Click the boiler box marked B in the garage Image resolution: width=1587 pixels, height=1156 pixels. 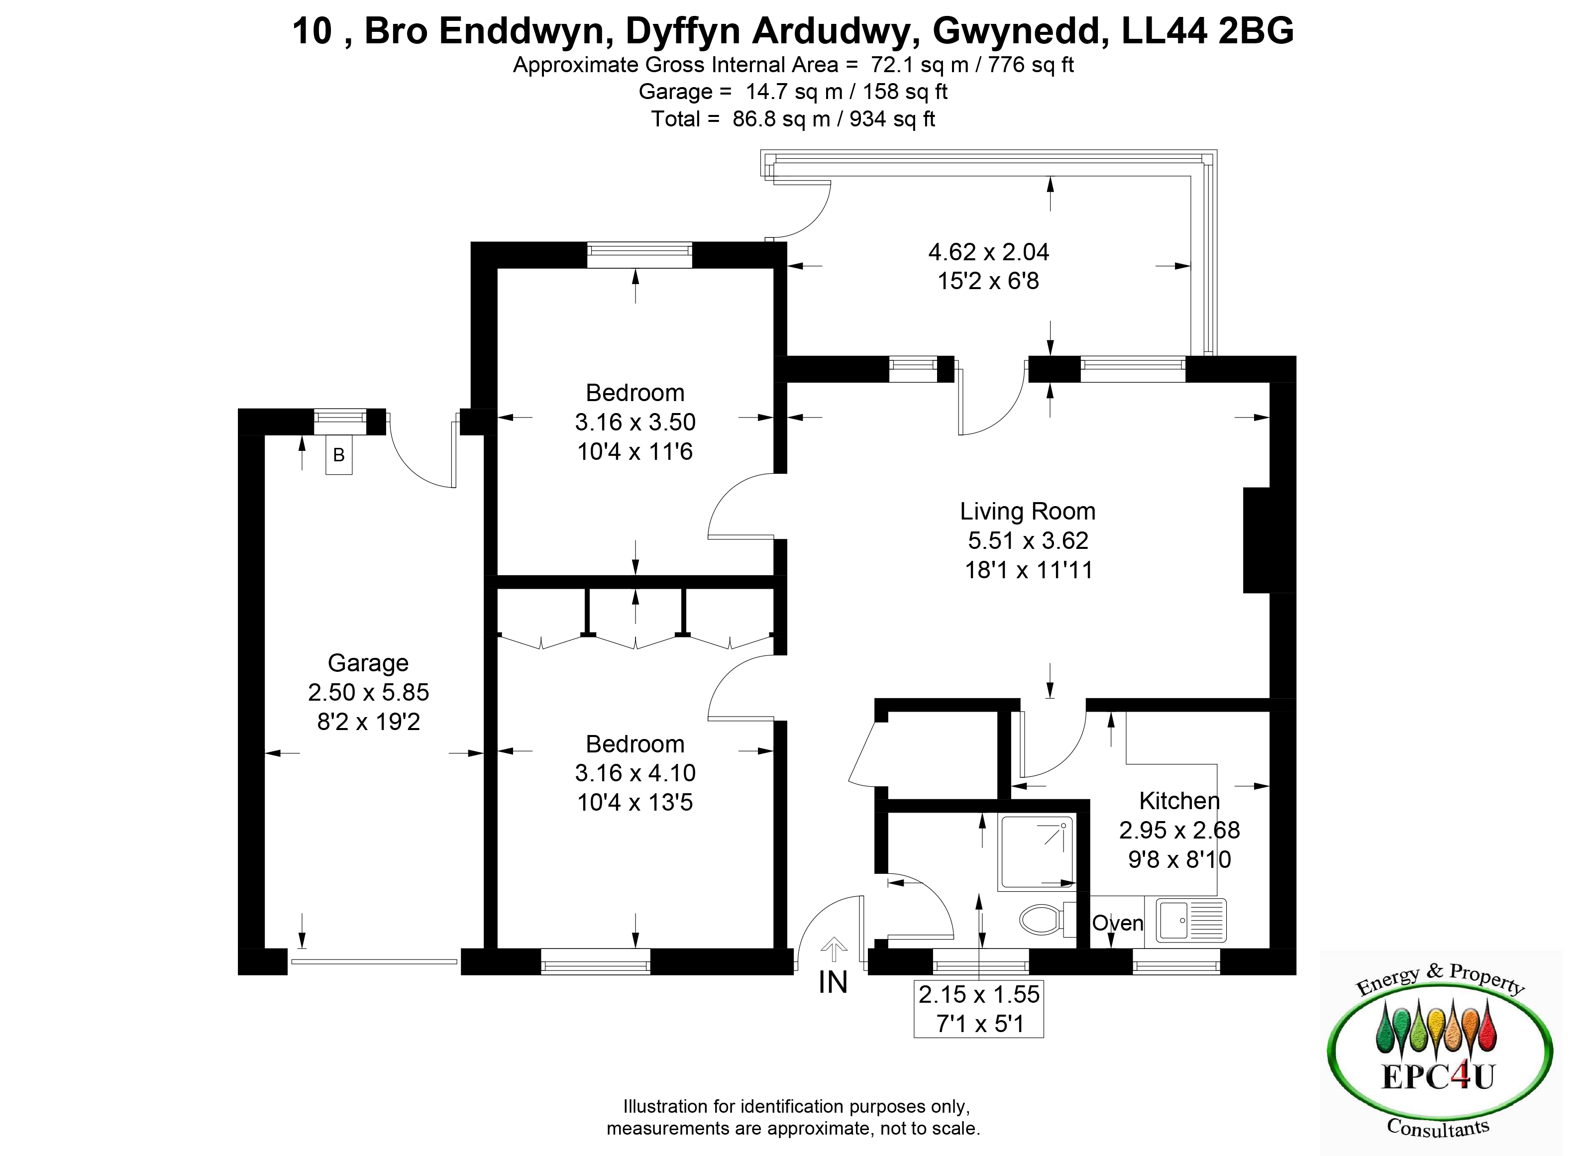pyautogui.click(x=339, y=455)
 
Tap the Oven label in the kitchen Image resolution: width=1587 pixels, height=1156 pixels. pyautogui.click(x=1118, y=923)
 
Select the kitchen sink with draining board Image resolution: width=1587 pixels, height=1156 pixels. pyautogui.click(x=1191, y=920)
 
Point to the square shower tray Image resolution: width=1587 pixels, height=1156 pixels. pyautogui.click(x=1036, y=853)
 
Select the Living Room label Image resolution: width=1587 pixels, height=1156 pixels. pyautogui.click(x=1027, y=512)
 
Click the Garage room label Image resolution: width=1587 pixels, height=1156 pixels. pyautogui.click(x=368, y=663)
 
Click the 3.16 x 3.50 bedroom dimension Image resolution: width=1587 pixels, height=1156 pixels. pyautogui.click(x=635, y=422)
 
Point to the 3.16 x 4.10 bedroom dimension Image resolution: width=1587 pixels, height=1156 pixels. pyautogui.click(x=635, y=772)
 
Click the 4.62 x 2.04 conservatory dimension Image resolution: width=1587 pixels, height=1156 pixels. pyautogui.click(x=989, y=252)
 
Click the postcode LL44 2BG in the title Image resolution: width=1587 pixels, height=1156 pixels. pyautogui.click(x=1208, y=31)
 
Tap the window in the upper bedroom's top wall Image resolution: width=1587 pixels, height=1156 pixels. pyautogui.click(x=639, y=255)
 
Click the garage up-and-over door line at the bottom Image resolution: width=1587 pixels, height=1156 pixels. pyautogui.click(x=374, y=961)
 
